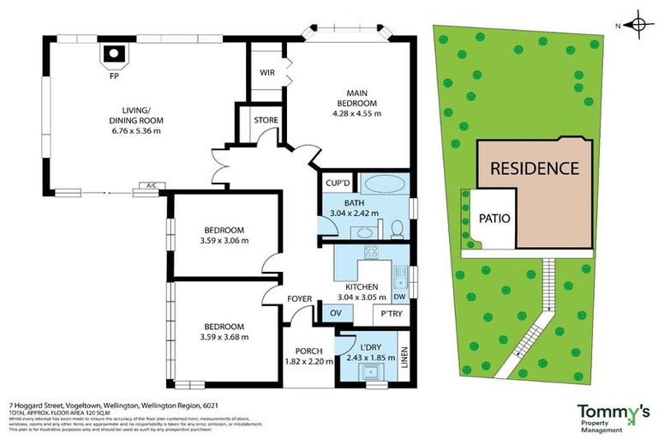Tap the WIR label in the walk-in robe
tap(266, 73)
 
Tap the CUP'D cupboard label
tap(337, 183)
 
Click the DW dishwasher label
tap(398, 297)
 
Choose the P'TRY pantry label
tap(392, 315)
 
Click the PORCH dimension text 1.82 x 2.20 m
tap(307, 363)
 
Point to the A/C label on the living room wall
tap(151, 184)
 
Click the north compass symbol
tap(636, 23)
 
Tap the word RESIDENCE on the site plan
tap(534, 168)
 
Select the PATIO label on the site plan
tap(493, 218)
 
